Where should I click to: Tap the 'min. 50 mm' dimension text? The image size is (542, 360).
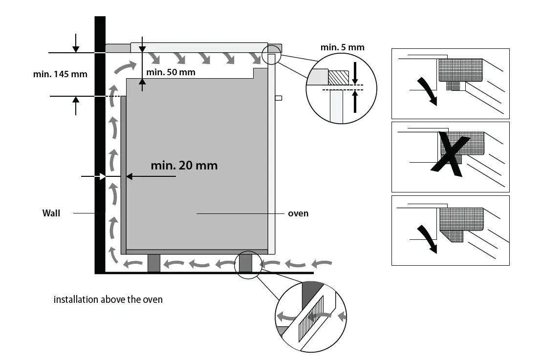point(171,72)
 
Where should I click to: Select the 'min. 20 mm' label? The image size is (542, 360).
point(184,166)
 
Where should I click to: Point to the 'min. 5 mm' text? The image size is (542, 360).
point(342,47)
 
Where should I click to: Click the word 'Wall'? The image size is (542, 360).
point(51,213)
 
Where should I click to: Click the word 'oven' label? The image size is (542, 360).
point(298,213)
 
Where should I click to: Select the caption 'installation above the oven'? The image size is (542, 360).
point(108,299)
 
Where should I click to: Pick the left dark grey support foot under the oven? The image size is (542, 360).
point(153,263)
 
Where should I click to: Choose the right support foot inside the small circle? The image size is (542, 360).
point(245,263)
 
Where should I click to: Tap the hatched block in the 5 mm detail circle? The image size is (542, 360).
point(338,77)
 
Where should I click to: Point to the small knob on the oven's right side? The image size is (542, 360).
point(279,98)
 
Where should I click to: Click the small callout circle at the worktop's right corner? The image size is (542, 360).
point(272,54)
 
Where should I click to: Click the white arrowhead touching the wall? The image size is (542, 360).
point(102,176)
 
